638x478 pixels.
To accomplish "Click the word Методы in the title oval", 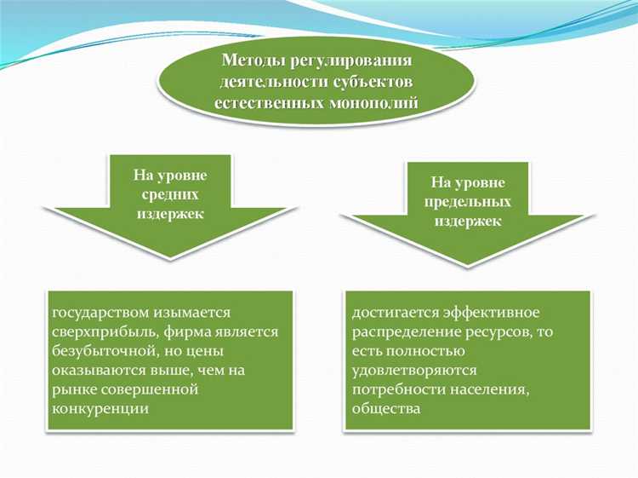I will point(253,61).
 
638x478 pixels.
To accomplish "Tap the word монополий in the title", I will point(377,103).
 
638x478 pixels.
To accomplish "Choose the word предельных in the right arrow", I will point(468,202).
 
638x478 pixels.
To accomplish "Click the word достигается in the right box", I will point(392,314).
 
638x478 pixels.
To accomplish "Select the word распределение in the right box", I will point(402,332).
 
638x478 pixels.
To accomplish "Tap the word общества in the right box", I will point(385,407).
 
